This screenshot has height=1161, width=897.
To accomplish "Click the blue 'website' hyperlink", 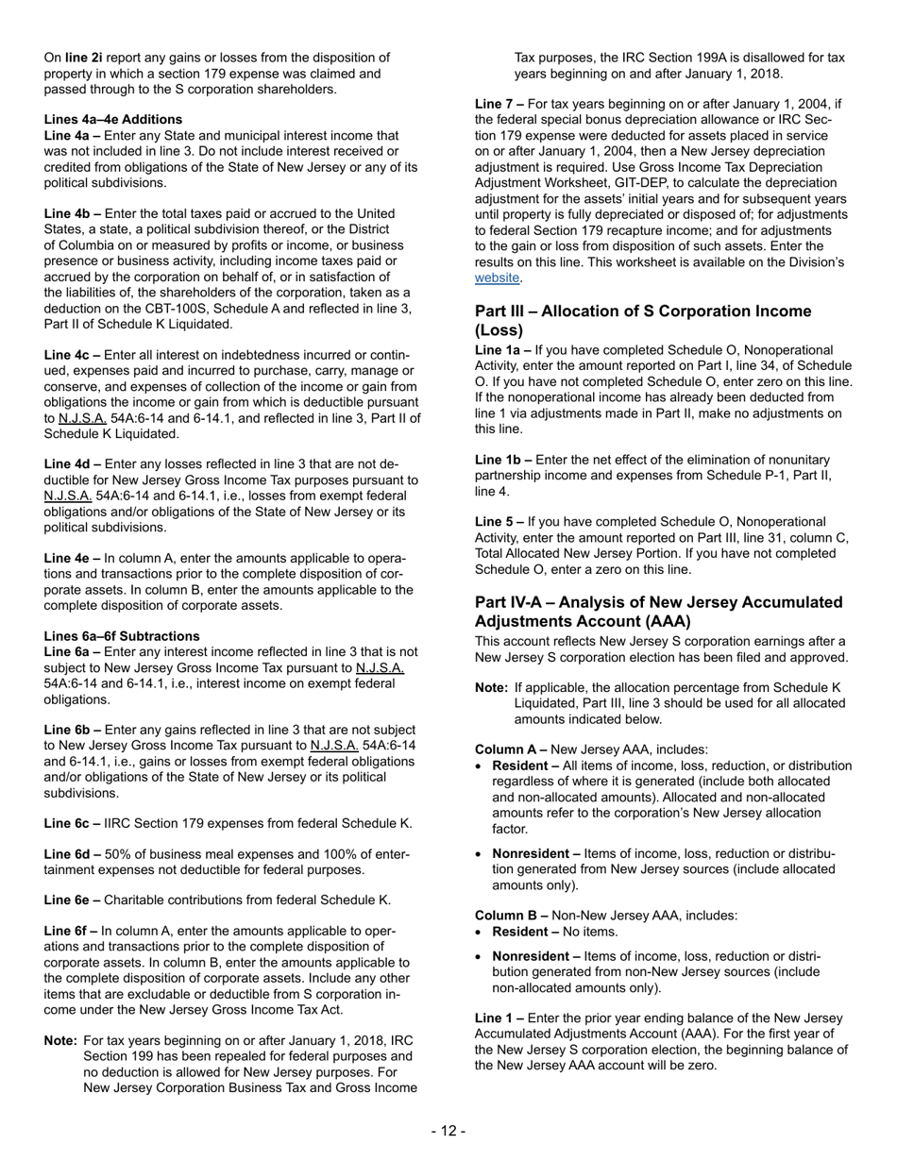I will pos(497,278).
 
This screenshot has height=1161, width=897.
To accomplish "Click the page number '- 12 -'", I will pos(448,1131).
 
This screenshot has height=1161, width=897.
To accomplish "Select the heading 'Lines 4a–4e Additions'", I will pos(113,119).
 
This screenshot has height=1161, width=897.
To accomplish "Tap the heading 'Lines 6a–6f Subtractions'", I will pos(122,635).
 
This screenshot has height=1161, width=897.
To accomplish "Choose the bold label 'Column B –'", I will pos(511,915).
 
